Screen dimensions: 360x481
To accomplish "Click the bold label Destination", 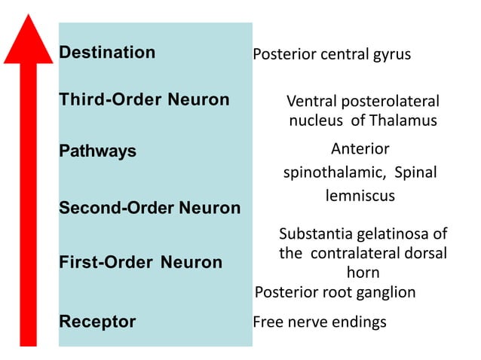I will tap(107, 53).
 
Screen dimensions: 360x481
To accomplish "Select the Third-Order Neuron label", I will tap(144, 100).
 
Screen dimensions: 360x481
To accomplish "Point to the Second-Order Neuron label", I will tap(149, 207).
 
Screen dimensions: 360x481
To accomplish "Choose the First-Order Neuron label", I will tap(140, 263).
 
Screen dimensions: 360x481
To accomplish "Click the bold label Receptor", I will tap(97, 322).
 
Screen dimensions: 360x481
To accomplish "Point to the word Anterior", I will tap(360, 148).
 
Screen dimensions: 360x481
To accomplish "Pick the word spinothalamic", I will tap(328, 172).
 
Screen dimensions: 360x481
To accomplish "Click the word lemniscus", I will tap(360, 196).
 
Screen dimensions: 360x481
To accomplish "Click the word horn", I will tap(363, 272).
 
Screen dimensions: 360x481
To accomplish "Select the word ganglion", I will tap(384, 292).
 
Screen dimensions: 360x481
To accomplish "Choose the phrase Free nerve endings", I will tap(319, 322).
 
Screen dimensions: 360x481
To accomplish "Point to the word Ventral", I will tap(309, 102).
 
